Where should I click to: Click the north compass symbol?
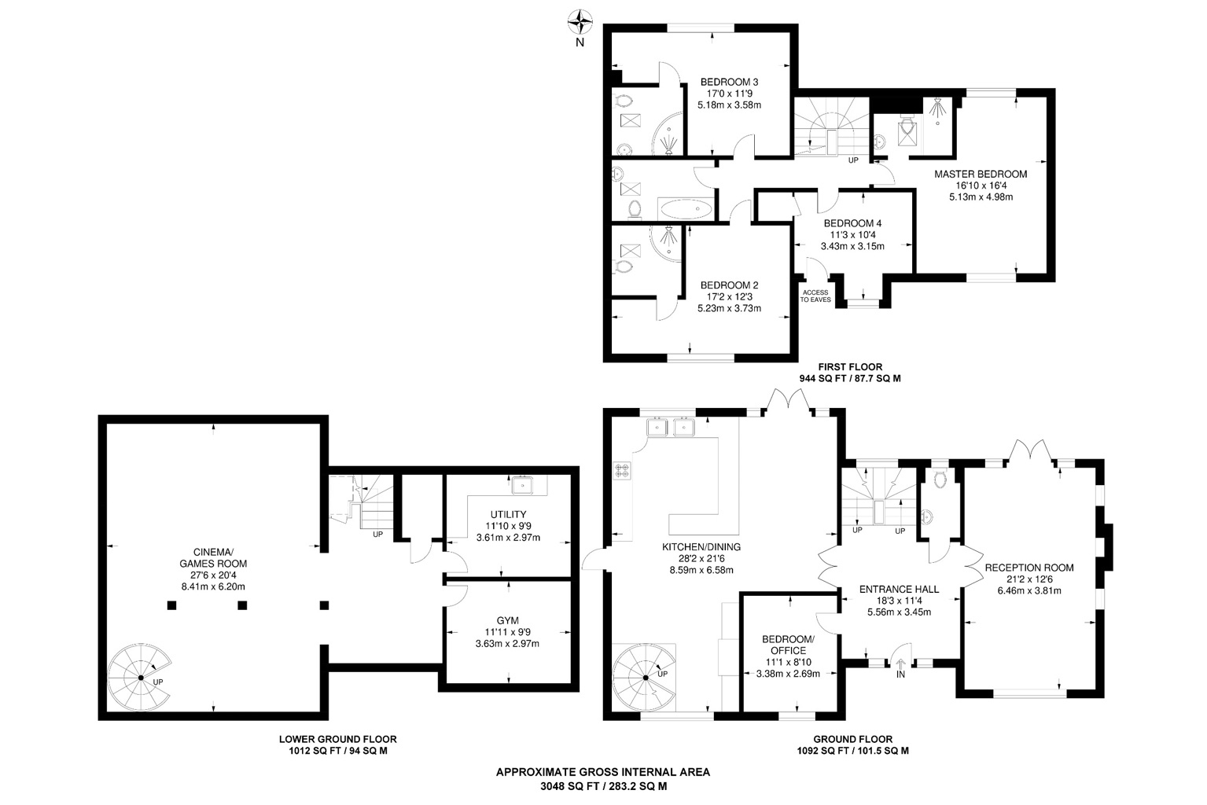point(580,21)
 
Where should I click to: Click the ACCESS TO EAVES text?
point(815,296)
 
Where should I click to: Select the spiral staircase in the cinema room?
point(140,677)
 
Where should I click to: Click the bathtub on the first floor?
point(686,209)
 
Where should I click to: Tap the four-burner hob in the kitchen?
point(622,470)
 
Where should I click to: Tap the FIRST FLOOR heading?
point(849,366)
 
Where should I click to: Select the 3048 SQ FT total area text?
point(602,785)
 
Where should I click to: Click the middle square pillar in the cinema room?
point(242,605)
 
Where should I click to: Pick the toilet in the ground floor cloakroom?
point(940,480)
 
